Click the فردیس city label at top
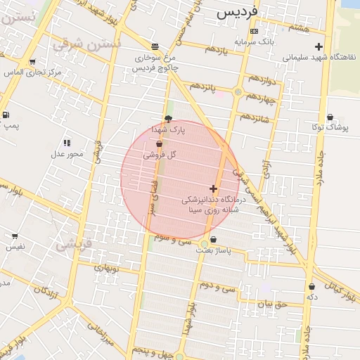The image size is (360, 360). tap(237, 13)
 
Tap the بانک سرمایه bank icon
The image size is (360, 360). tap(254, 32)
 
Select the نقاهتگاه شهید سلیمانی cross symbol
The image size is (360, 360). tap(319, 47)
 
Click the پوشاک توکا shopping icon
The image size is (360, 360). tap(330, 117)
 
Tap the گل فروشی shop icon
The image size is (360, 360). tap(159, 143)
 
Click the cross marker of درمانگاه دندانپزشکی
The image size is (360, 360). tap(213, 188)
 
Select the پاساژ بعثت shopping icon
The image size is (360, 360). tap(203, 240)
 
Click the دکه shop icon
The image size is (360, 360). tap(311, 286)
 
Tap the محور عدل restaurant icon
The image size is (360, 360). tap(67, 143)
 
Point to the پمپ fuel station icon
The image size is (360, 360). tap(6, 115)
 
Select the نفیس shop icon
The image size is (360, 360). tap(14, 236)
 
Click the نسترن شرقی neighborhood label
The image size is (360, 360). tap(86, 44)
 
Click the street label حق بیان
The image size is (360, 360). tap(272, 304)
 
